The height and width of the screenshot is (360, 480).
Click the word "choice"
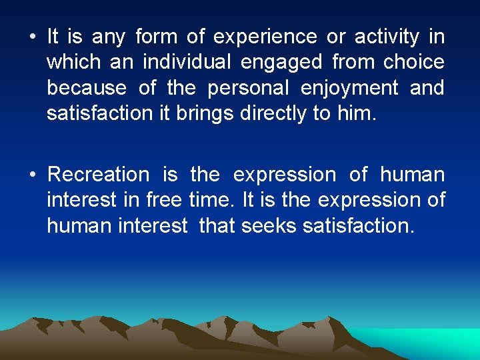point(413,63)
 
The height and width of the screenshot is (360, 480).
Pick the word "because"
point(85,88)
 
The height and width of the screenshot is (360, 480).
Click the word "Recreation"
point(99,175)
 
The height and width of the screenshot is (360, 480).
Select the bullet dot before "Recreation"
point(33,175)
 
